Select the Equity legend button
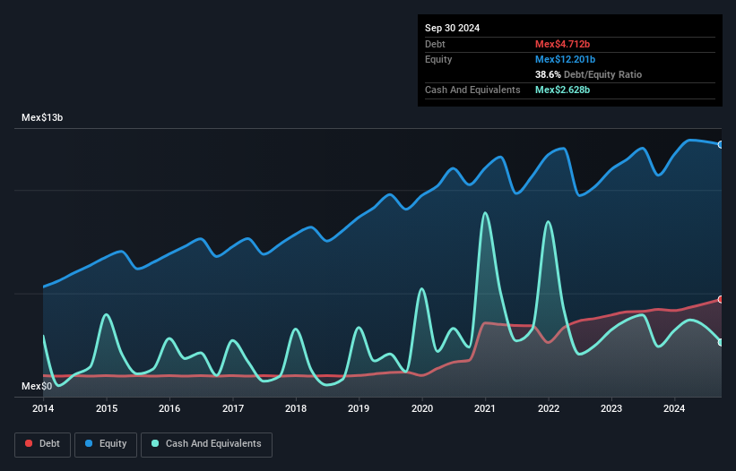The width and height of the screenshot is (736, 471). (x=106, y=444)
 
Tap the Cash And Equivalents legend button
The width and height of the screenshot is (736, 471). (x=206, y=444)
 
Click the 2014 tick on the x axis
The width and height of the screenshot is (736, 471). (x=43, y=409)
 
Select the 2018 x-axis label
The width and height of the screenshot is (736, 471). (x=296, y=409)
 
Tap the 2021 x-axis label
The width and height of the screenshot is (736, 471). (x=485, y=409)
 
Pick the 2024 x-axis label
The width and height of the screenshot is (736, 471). (x=675, y=409)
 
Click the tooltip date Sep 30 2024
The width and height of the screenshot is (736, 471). (x=452, y=28)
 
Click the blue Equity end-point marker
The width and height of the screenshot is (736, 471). (x=721, y=144)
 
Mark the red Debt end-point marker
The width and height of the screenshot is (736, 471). (x=721, y=299)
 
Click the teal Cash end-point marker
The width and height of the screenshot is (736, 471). (x=721, y=342)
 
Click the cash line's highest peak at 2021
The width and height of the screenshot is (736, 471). (x=485, y=213)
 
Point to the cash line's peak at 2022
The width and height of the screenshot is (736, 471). (x=548, y=221)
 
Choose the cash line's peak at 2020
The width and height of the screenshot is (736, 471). (x=421, y=288)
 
